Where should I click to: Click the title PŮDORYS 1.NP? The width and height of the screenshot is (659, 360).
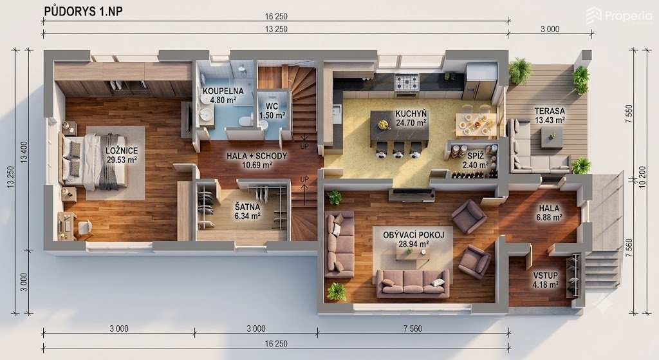(83, 12)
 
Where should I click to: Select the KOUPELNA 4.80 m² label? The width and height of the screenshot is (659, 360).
(223, 95)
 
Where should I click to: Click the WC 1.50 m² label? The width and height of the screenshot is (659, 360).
(272, 111)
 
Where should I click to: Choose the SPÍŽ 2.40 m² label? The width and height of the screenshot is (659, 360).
(476, 160)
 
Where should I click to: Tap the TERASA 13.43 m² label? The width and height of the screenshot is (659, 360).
(550, 116)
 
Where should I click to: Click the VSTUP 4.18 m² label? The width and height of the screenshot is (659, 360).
(546, 280)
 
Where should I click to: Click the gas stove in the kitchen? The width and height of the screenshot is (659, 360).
(407, 82)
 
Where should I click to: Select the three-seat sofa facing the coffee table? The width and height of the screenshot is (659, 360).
(413, 283)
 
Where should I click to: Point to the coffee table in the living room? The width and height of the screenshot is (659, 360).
(412, 254)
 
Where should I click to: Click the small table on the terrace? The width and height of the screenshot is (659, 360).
(552, 137)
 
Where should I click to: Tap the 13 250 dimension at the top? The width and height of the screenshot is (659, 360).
(276, 29)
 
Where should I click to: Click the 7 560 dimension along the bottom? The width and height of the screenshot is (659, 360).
(413, 328)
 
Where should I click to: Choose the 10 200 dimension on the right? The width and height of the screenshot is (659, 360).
(642, 177)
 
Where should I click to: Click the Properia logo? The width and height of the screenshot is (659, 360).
(619, 16)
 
